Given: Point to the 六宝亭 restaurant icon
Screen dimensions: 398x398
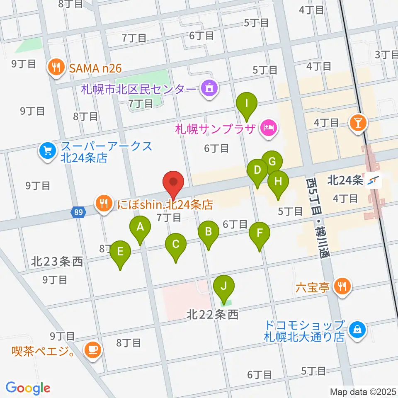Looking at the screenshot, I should [x=342, y=286].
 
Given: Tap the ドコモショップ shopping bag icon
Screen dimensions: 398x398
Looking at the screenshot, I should [x=356, y=330].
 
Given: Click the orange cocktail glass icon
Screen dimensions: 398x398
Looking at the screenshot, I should [x=356, y=123].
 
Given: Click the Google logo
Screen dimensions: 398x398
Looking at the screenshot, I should [x=28, y=388].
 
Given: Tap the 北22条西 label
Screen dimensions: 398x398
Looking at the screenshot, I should [x=212, y=315].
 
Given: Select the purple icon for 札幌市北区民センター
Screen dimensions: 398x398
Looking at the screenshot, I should [x=208, y=89].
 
